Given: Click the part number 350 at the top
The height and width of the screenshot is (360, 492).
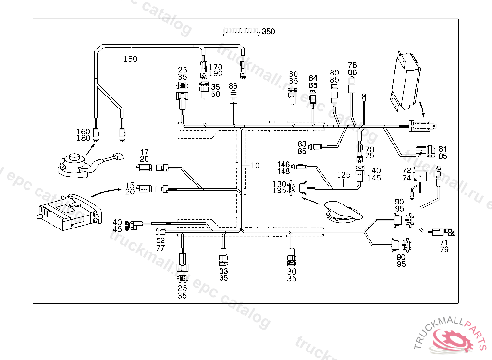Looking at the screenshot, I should [x=269, y=32].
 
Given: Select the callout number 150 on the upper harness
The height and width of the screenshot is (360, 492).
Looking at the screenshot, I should [x=130, y=60].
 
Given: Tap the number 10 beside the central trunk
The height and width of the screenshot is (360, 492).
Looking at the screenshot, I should [x=255, y=166].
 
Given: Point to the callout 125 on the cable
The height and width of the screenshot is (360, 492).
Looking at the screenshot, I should [x=344, y=175].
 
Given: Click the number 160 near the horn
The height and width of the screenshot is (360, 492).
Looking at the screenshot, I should [x=84, y=132].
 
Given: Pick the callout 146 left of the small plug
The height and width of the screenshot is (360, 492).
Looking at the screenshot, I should [x=283, y=165].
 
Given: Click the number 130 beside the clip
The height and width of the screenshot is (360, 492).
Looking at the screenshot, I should [x=279, y=184].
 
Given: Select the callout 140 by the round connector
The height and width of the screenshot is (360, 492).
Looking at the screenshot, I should [x=374, y=170].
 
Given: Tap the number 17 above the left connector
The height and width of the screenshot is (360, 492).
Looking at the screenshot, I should [x=144, y=152].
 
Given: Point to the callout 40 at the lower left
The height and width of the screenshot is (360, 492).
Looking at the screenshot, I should [x=117, y=222].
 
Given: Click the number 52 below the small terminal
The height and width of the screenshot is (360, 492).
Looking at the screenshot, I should [x=160, y=240].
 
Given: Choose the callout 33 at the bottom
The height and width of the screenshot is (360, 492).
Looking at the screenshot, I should [x=223, y=271].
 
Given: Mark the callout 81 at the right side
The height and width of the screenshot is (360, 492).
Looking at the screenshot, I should [x=443, y=149].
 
